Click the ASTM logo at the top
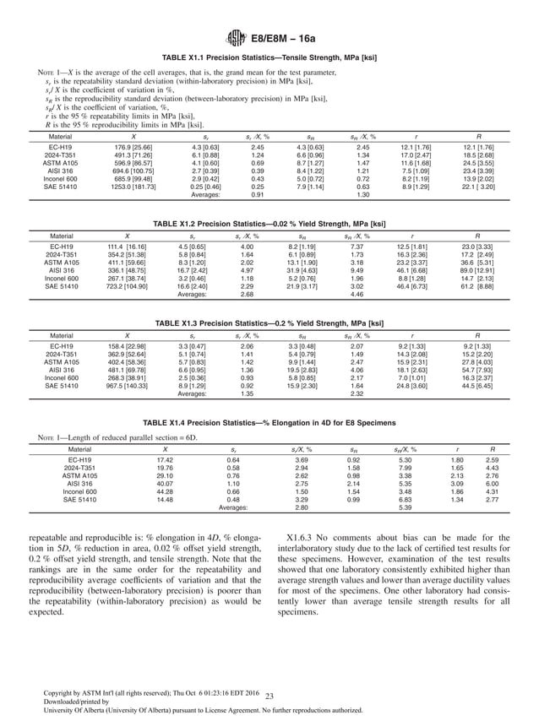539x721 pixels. (236, 37)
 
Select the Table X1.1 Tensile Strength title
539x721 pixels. (269, 57)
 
